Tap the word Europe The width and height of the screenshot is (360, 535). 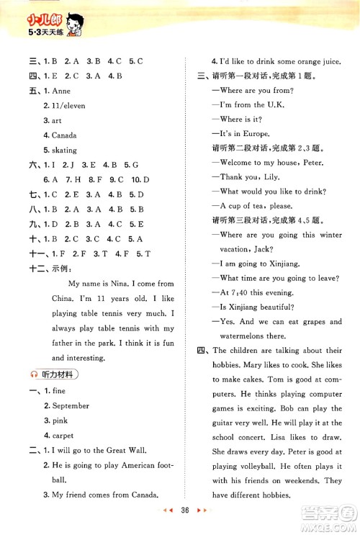click(x=256, y=133)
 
